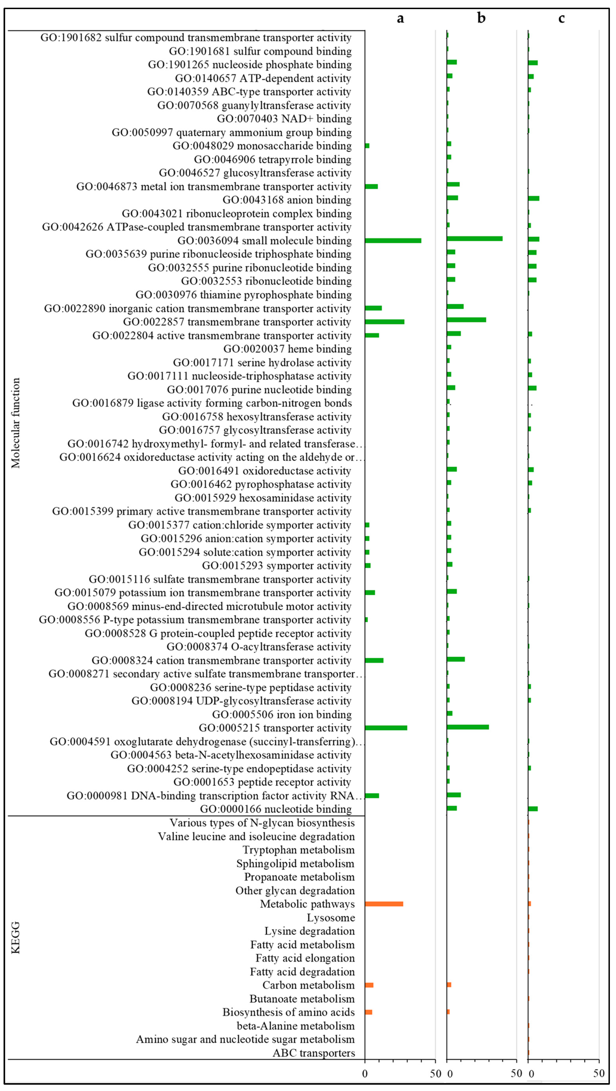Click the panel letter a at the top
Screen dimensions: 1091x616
coord(400,18)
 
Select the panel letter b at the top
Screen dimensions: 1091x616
coord(481,18)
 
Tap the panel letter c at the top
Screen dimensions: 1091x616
coord(561,18)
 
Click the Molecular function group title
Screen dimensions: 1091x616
coord(16,423)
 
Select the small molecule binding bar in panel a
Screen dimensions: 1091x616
coord(393,240)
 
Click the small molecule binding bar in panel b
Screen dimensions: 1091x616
coord(475,239)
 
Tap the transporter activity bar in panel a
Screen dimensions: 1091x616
coord(386,728)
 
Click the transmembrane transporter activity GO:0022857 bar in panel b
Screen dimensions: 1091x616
coord(466,320)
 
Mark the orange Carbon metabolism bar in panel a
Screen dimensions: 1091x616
coord(369,985)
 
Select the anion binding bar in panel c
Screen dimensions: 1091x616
coord(533,198)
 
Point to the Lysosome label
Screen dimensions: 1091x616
coord(331,917)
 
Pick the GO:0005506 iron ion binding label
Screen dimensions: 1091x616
coord(282,715)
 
